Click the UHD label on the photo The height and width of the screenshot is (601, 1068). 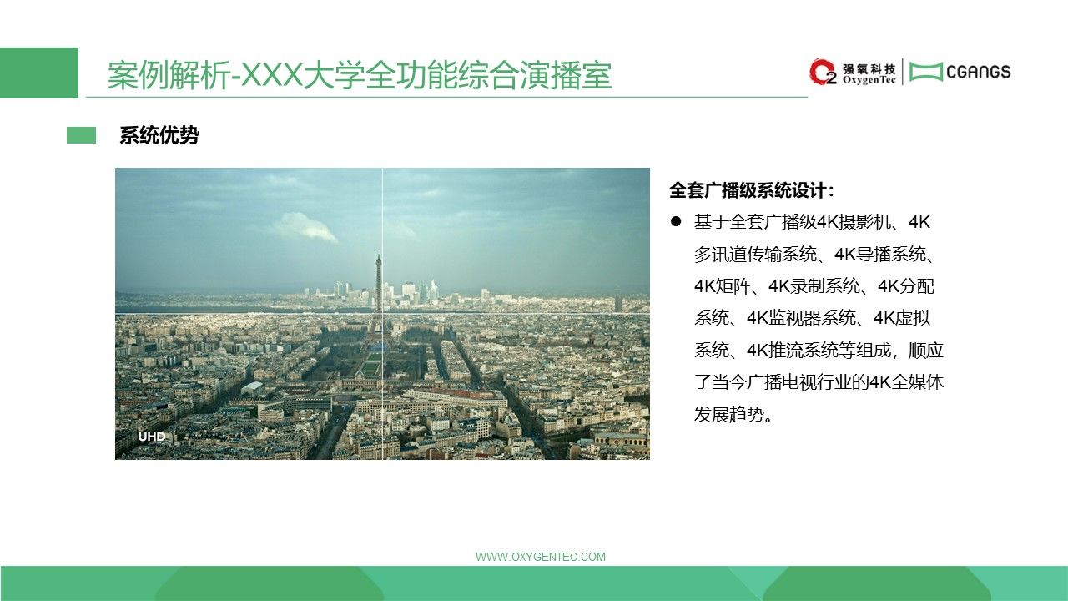pos(152,437)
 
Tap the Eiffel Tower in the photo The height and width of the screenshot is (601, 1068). pos(378,295)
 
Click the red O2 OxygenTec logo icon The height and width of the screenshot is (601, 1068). pos(823,72)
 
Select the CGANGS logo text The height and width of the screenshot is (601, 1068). pos(979,72)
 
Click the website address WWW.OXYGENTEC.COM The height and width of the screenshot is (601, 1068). pos(540,557)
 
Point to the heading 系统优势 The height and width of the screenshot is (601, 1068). pos(159,135)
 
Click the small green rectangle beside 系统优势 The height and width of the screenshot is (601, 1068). pos(81,135)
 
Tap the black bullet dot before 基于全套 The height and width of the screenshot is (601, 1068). pos(676,221)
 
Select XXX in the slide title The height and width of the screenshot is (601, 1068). pos(274,75)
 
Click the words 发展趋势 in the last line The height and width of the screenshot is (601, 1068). pos(728,415)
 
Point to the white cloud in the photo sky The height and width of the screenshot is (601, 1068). pos(310,227)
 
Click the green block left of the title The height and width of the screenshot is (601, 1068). pos(39,73)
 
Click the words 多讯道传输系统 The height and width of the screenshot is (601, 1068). pos(755,255)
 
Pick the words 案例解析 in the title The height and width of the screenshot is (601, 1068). pos(169,75)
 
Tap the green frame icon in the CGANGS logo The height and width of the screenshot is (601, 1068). pos(926,72)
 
